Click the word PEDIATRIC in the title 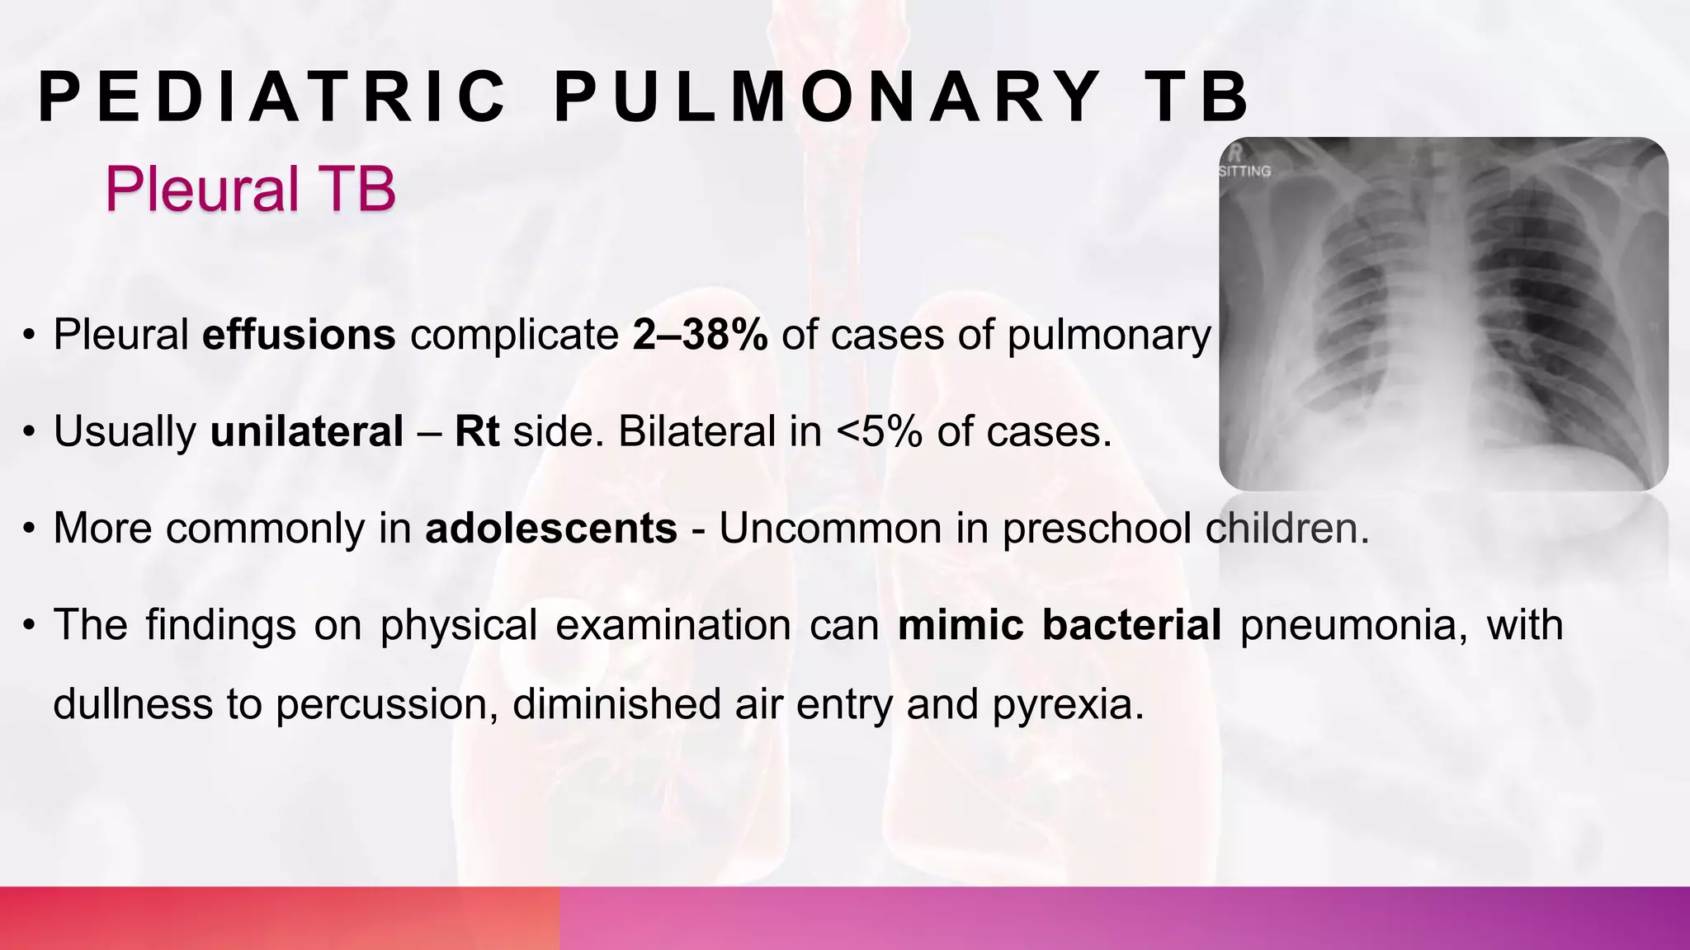(272, 97)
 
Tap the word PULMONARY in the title (828, 97)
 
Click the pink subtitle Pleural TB (250, 189)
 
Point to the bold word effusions (299, 335)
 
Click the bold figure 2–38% (700, 335)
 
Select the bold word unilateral (307, 431)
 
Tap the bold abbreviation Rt (477, 431)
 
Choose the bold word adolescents (551, 528)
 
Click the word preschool (1096, 528)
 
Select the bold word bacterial (1131, 624)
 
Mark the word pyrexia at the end (1068, 704)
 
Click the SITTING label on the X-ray (1244, 172)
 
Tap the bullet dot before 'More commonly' (30, 529)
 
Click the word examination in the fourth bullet (673, 624)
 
